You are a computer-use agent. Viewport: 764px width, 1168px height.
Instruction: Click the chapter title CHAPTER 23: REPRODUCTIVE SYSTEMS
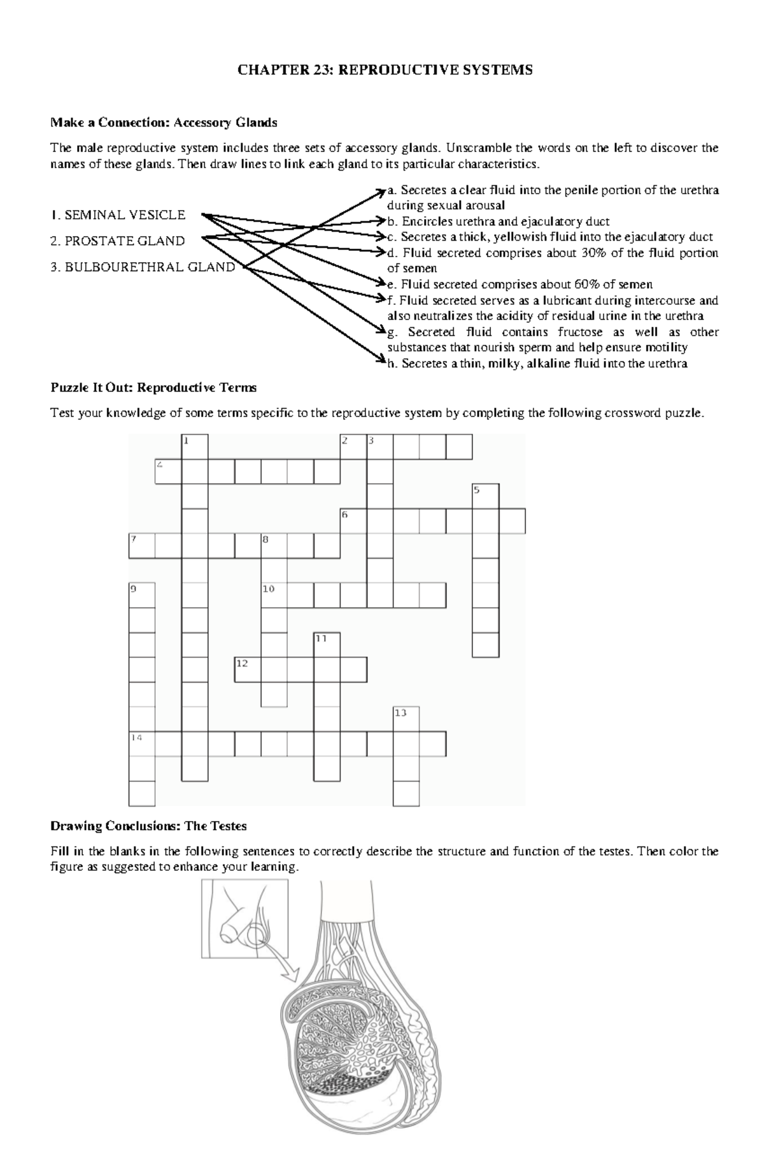[385, 70]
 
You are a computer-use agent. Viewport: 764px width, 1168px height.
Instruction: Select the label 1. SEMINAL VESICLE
[118, 215]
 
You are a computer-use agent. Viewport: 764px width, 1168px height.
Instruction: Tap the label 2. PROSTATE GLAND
[118, 241]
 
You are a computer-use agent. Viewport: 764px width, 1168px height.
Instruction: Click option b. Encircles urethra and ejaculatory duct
[499, 222]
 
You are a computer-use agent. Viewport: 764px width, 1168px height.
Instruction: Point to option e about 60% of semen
[520, 285]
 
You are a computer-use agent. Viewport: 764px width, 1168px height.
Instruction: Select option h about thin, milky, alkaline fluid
[537, 363]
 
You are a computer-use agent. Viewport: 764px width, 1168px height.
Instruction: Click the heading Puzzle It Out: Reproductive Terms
[153, 388]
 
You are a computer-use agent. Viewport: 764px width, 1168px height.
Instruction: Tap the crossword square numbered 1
[195, 447]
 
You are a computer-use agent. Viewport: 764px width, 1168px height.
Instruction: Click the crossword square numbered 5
[486, 496]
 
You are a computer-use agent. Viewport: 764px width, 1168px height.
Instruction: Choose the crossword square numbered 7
[142, 546]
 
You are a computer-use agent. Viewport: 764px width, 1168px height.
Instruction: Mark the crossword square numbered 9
[142, 596]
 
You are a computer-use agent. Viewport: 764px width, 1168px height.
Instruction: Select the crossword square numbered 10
[274, 596]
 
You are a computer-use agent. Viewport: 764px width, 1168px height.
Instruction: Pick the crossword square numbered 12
[248, 670]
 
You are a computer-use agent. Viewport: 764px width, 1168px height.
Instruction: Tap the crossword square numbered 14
[142, 743]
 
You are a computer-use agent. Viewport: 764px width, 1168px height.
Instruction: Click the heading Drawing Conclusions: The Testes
[148, 826]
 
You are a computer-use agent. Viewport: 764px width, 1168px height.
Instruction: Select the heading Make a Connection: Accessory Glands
[164, 122]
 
